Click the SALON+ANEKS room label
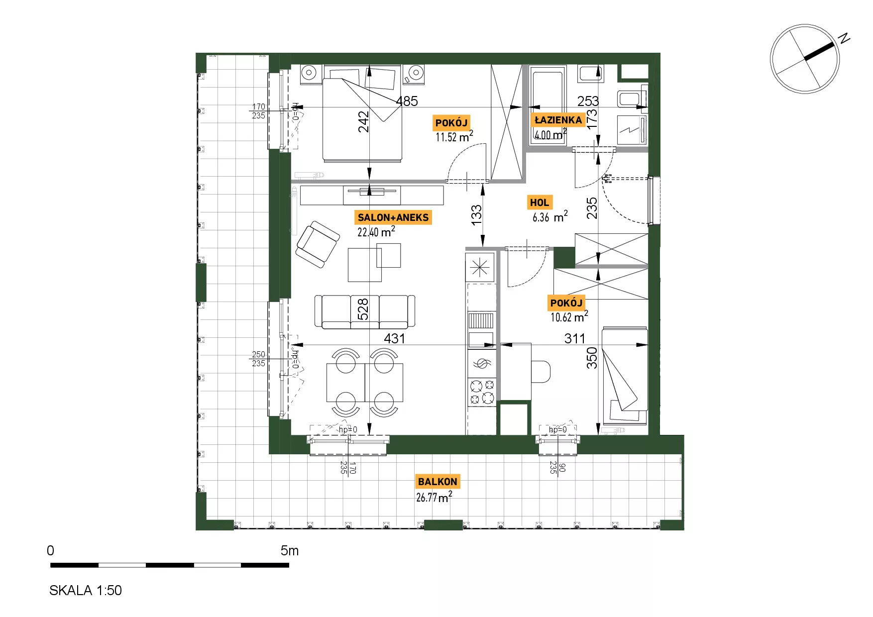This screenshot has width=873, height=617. point(393,217)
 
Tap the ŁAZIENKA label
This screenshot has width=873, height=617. point(558,120)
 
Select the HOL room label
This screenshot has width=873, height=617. point(540,203)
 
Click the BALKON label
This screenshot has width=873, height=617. point(437,482)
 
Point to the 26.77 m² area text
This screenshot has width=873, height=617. point(434,497)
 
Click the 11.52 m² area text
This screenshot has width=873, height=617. point(454,137)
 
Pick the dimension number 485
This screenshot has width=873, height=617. point(407,101)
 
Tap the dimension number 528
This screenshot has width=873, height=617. point(363,308)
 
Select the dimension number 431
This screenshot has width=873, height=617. point(395,338)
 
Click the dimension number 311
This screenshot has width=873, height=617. point(575,338)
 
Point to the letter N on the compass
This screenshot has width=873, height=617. point(844,38)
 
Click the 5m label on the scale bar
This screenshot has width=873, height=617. point(290,550)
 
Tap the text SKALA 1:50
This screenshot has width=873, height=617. point(86,590)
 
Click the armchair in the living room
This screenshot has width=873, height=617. point(318,244)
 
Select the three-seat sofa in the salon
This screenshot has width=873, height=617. point(365,311)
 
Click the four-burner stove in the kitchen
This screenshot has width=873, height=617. point(482,392)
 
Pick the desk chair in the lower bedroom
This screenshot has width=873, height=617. point(541,372)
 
